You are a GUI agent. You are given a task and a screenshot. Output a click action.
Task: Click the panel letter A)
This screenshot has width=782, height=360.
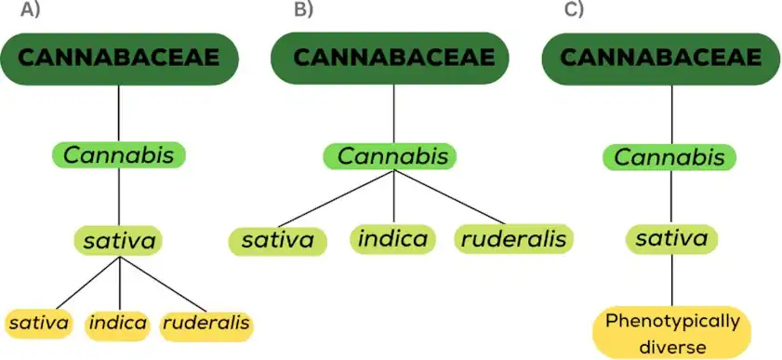[x=30, y=9]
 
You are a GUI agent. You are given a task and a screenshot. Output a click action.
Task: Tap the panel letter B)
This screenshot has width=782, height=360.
[x=303, y=9]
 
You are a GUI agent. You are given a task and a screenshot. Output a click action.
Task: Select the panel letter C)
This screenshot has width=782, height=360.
[x=574, y=9]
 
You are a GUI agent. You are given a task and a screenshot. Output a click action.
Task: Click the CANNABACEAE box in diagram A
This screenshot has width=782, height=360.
[x=119, y=59]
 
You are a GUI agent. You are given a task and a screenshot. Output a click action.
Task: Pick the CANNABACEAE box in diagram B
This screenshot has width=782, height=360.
[x=390, y=59]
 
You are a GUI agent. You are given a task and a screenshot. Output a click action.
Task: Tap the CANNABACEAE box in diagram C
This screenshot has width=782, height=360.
[x=661, y=59]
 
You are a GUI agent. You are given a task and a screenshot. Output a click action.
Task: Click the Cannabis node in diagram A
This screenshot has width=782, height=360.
[x=119, y=155]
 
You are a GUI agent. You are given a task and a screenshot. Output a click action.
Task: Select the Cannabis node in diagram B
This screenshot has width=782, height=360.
[x=390, y=156]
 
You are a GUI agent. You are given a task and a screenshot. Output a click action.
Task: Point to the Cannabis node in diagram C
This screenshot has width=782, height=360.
[x=669, y=157]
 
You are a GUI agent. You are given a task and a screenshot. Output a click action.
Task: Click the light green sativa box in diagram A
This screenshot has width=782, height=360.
[x=119, y=241]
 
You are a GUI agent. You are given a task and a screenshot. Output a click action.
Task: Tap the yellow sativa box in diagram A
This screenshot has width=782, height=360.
[x=39, y=324]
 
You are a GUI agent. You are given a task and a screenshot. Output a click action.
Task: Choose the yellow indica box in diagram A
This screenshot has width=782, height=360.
[x=118, y=325]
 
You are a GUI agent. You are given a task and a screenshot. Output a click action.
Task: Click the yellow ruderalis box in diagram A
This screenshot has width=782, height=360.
[x=206, y=325]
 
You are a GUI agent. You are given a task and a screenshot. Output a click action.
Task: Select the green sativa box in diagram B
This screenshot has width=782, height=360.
[x=277, y=240]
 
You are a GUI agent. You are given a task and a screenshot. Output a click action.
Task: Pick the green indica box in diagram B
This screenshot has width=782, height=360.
[x=392, y=239]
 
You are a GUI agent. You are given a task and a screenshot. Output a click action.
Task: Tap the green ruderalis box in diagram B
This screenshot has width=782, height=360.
[x=513, y=239]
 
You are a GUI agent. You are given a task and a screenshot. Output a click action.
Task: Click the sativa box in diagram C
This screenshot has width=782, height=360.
[x=671, y=239]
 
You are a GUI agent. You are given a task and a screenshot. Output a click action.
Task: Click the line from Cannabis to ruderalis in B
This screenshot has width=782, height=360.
[x=449, y=197]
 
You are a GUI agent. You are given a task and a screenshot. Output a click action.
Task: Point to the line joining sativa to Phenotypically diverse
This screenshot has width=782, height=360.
[x=671, y=280]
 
